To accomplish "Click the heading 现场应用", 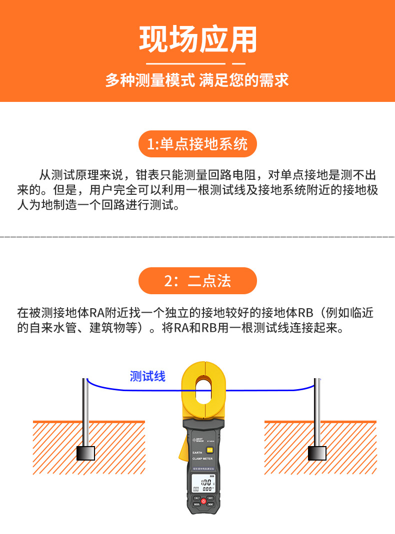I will pyautogui.click(x=197, y=39).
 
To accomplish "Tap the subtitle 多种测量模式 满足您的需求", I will pyautogui.click(x=197, y=80).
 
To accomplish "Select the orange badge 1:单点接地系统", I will pyautogui.click(x=197, y=144).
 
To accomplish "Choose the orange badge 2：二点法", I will pyautogui.click(x=197, y=281).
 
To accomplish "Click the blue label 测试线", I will pyautogui.click(x=147, y=376).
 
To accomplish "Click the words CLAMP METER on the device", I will pyautogui.click(x=203, y=458).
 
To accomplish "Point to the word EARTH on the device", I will pyautogui.click(x=197, y=452).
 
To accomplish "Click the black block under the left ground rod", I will pyautogui.click(x=85, y=453).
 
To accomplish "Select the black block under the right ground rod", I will pyautogui.click(x=317, y=453).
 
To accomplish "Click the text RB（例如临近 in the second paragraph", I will pyautogui.click(x=335, y=314).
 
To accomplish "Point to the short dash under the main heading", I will pyautogui.click(x=239, y=64).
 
